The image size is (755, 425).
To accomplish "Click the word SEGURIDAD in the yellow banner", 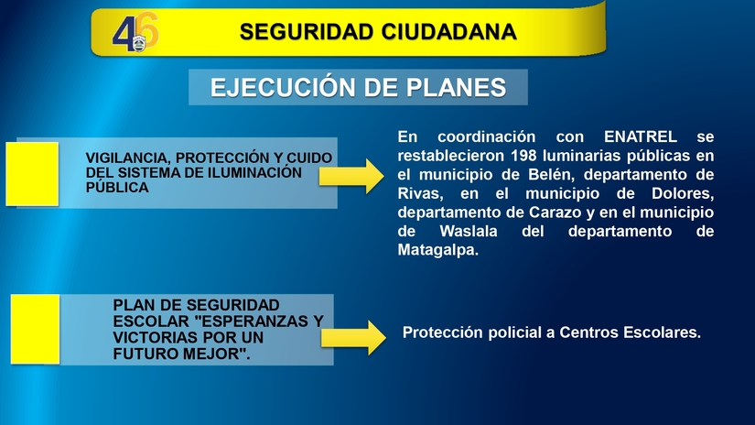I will [x=296, y=33].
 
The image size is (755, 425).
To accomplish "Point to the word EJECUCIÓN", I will [x=283, y=88].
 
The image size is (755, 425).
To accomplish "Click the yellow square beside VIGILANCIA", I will [x=32, y=172].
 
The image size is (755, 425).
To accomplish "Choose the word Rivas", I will [x=419, y=193].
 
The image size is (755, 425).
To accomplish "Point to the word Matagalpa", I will [x=438, y=249].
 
